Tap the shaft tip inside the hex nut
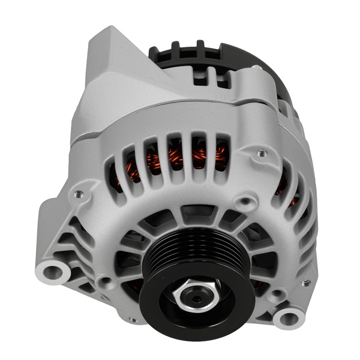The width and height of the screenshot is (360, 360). tap(193, 294)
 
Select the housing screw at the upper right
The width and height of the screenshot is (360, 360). tap(262, 153)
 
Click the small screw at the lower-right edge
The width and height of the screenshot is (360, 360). tap(306, 283)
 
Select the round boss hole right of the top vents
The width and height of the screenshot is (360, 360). tap(245, 201)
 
